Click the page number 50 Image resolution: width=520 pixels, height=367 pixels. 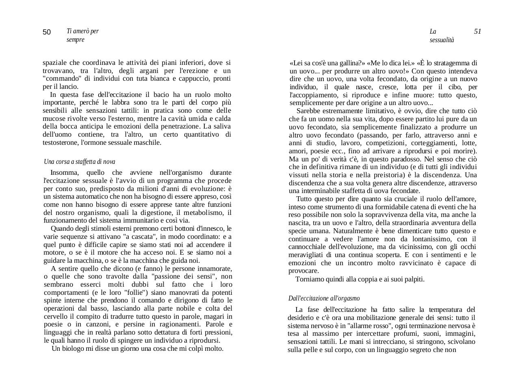pos(47,32)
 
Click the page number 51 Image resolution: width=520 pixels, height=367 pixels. pos(477,32)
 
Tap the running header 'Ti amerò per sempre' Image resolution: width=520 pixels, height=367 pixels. pos(82,35)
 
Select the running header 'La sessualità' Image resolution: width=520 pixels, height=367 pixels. pos(442,36)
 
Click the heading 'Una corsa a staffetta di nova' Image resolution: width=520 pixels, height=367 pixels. pos(80,161)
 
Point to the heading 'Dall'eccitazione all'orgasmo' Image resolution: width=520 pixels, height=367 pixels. pos(324,298)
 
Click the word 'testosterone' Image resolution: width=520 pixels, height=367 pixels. pos(61,142)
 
